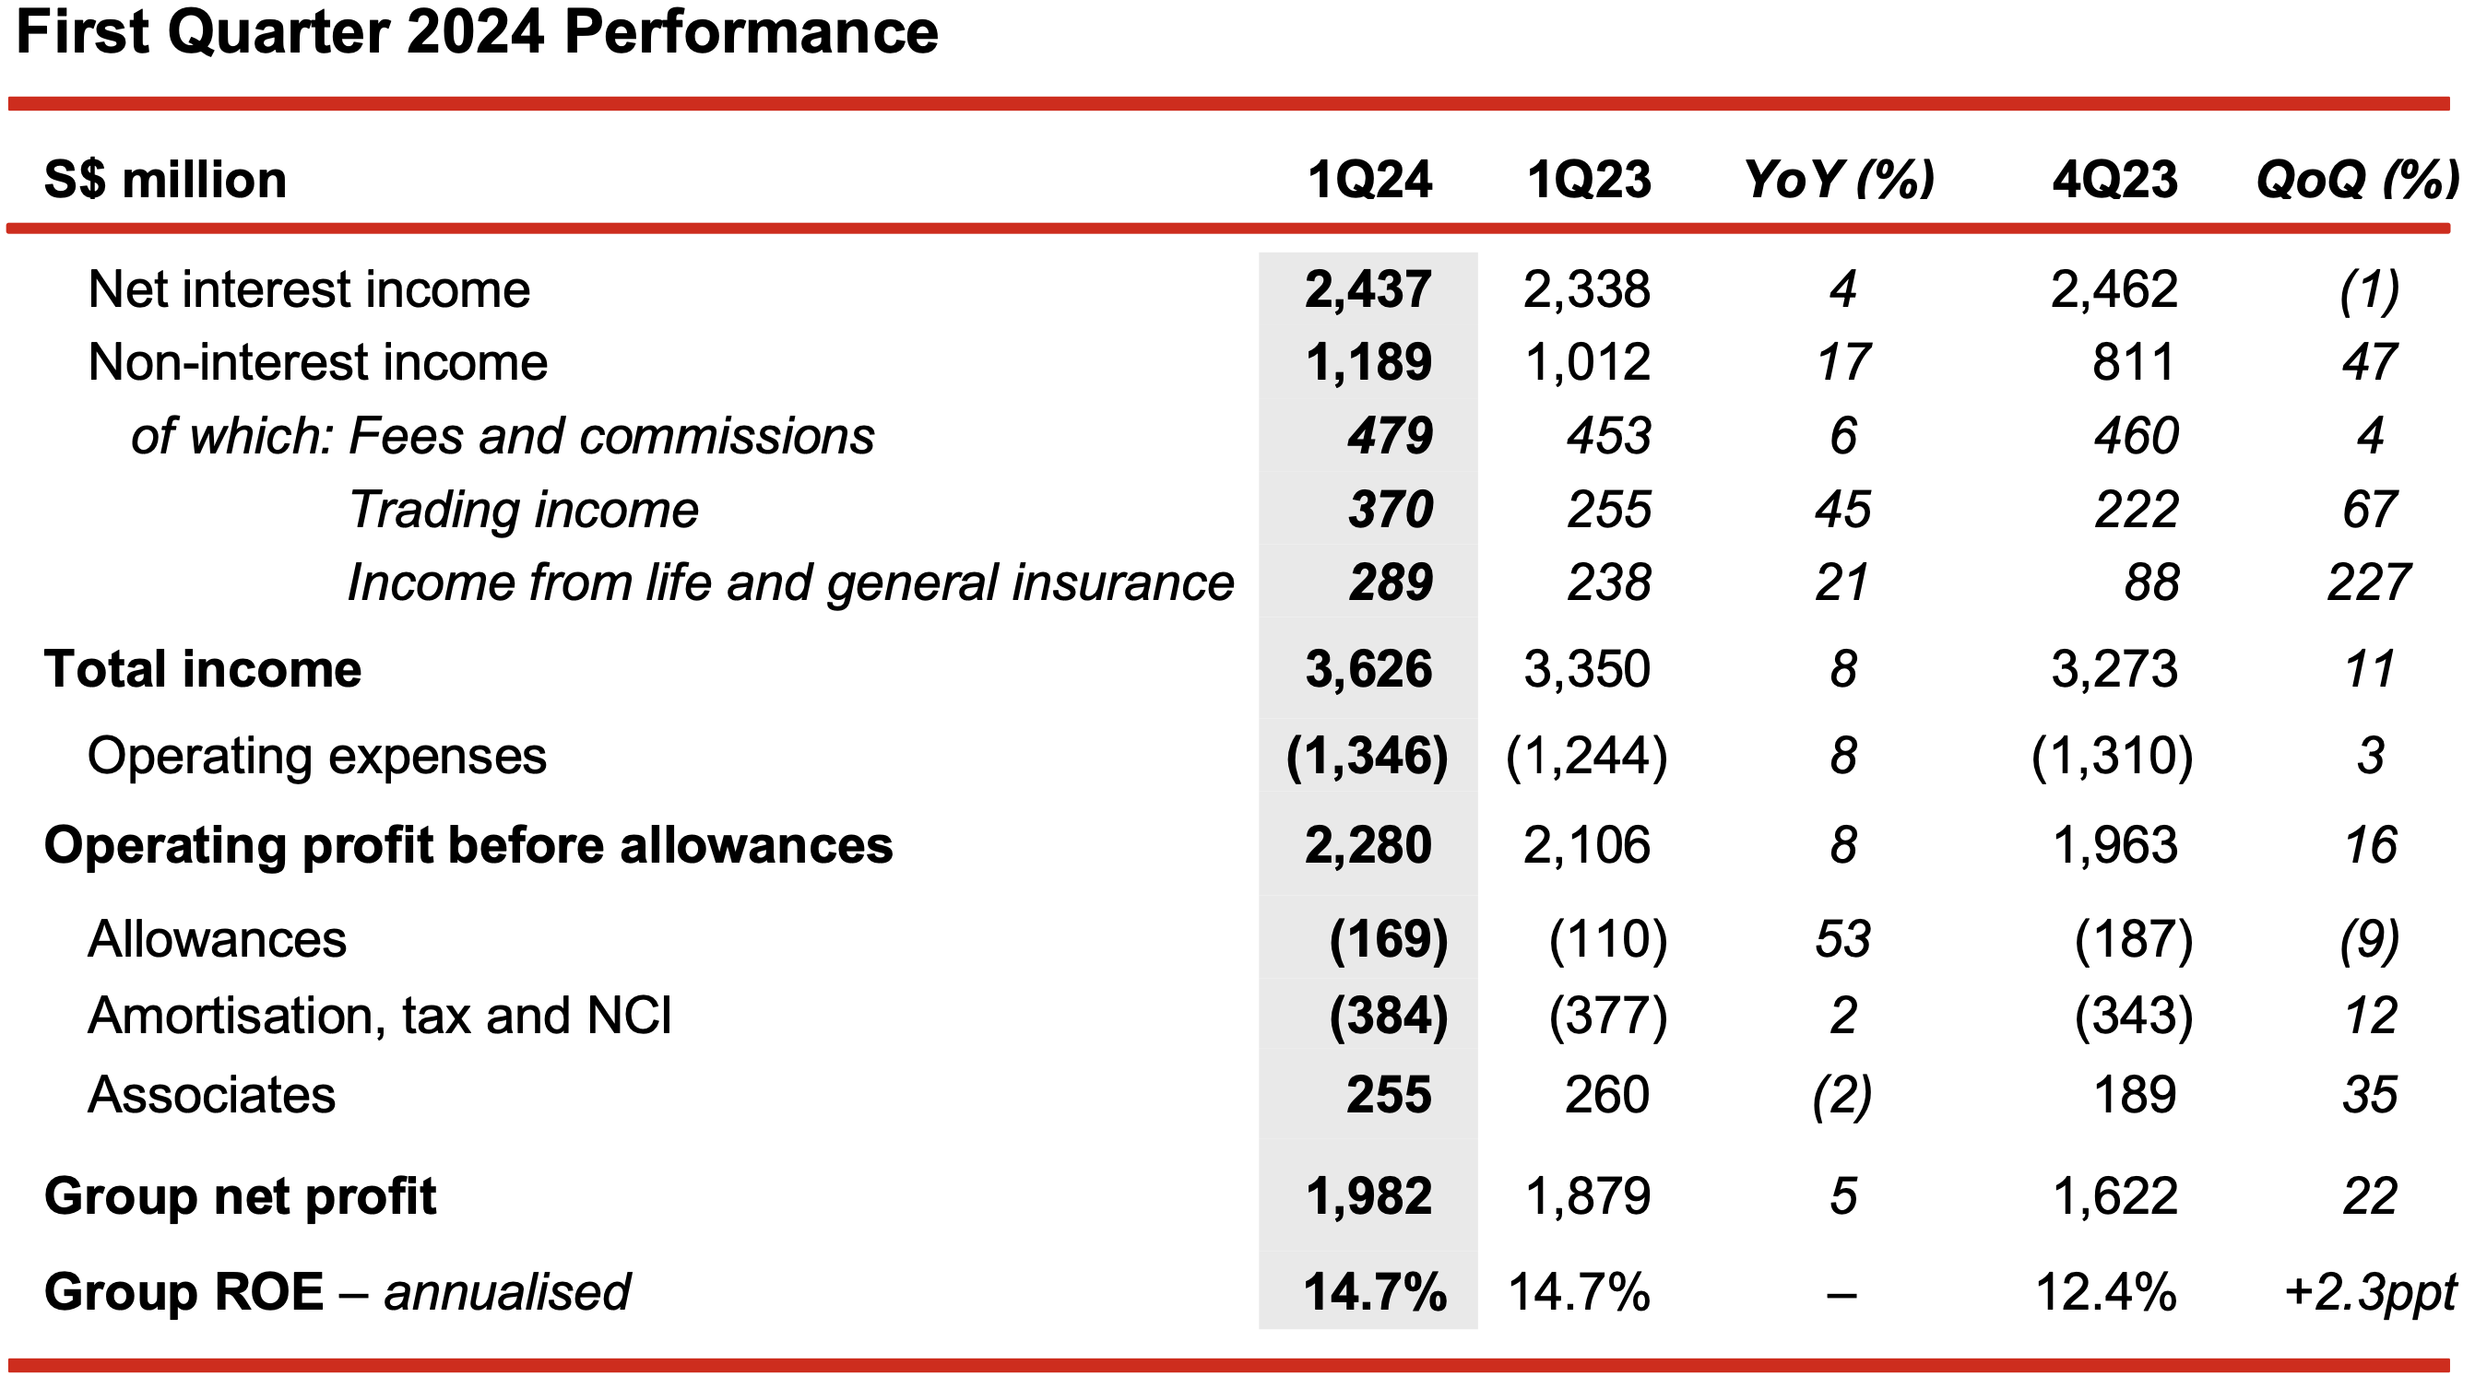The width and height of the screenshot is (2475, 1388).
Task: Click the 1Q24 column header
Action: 1369,180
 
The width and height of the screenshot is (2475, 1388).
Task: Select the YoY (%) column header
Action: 1839,180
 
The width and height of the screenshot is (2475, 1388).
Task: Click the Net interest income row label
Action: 308,289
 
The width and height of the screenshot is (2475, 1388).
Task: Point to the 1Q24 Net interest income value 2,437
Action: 1368,289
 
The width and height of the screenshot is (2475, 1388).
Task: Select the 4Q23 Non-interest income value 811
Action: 2134,362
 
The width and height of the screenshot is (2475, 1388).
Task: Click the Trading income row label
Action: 524,509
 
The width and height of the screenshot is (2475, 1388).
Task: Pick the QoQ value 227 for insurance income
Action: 2368,582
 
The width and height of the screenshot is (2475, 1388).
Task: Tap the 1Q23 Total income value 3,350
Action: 1587,668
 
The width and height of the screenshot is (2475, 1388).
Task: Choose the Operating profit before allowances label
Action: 468,845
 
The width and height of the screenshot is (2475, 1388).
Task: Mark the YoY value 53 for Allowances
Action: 1842,938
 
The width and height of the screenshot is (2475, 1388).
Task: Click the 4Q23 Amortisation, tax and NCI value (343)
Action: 2134,1017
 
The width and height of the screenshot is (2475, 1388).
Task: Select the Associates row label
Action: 211,1095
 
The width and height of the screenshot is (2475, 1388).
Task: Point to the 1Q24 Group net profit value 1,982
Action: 1368,1197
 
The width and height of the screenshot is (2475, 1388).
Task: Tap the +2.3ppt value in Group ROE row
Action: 2370,1292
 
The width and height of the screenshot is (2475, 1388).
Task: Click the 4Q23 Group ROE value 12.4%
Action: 2106,1292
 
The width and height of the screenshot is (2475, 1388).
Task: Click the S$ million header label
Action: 165,180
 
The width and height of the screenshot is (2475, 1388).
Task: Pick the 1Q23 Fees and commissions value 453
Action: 1609,436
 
